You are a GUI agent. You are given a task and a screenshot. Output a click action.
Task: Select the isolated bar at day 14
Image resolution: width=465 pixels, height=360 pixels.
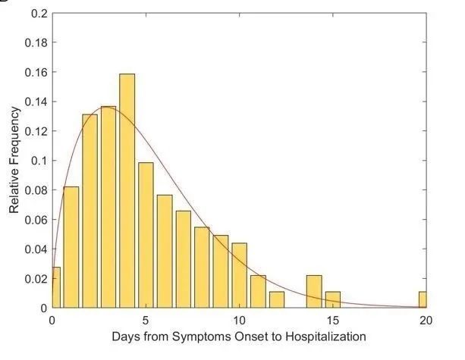point(314,292)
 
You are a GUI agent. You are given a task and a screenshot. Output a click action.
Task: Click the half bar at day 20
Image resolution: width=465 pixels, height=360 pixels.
point(423,299)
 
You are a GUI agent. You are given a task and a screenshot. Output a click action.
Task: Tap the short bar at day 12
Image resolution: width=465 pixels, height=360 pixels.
point(277,299)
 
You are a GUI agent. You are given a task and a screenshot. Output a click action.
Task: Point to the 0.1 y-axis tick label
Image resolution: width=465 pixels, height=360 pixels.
point(37,161)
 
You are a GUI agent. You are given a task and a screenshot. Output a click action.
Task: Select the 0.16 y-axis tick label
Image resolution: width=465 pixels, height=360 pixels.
point(34,73)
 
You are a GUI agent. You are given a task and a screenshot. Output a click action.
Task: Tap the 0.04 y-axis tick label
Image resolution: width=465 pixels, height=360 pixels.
point(34,249)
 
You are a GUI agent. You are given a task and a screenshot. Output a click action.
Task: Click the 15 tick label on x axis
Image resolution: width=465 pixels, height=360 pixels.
point(332,320)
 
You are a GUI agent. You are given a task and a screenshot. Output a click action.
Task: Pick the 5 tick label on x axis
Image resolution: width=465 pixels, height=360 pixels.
point(146,320)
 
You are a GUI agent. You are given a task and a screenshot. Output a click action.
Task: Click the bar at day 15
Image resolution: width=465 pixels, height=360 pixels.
point(332,299)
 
